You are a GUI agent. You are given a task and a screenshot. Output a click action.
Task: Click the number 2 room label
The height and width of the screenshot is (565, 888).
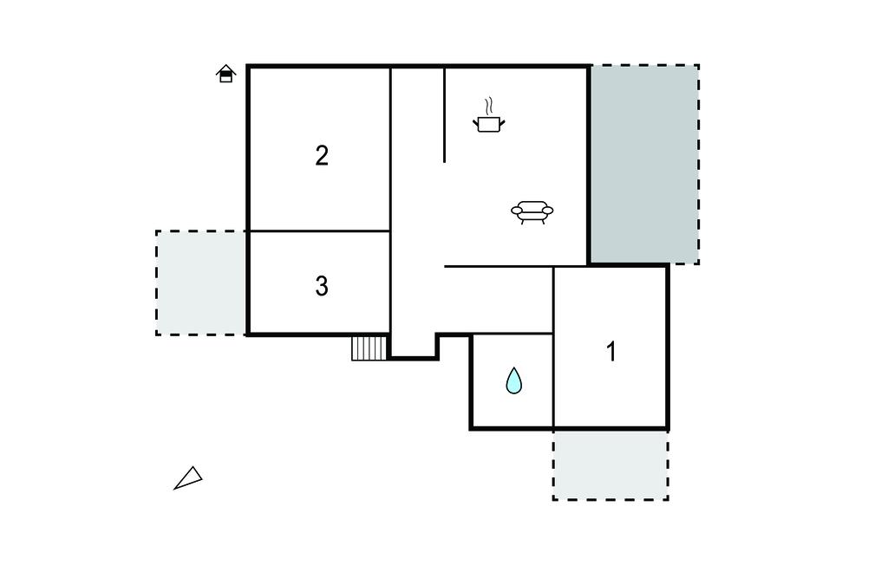[x=322, y=156]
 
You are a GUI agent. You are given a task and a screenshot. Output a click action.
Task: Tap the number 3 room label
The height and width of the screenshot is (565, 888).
[x=322, y=287]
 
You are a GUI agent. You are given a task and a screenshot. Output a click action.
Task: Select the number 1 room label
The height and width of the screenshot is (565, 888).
[x=611, y=352]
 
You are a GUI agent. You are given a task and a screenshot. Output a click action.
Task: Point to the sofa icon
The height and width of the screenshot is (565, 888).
[x=532, y=212]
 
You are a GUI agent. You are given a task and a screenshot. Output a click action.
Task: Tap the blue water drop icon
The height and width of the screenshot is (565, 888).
[x=513, y=380]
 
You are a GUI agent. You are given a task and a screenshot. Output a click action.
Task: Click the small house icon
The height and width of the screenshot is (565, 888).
[x=225, y=74]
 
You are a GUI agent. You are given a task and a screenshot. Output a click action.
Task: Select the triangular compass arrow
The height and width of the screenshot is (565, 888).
[x=188, y=478]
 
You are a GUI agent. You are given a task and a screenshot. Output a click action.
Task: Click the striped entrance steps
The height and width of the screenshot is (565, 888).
[x=369, y=348]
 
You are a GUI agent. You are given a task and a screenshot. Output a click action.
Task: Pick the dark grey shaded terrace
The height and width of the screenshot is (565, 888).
[x=645, y=164]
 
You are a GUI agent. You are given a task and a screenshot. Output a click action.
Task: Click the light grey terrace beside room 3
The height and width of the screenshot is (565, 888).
[x=201, y=282]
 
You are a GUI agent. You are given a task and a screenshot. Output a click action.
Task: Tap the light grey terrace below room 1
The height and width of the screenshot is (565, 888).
[x=610, y=465]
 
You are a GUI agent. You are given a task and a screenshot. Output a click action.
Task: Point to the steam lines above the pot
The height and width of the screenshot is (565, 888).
[x=488, y=106]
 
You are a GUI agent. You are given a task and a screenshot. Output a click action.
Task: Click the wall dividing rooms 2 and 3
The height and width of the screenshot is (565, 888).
[x=320, y=231]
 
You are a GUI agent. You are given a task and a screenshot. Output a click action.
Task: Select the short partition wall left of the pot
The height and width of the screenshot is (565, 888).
[x=445, y=115]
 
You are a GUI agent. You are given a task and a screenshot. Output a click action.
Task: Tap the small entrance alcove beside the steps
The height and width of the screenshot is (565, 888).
[x=414, y=346]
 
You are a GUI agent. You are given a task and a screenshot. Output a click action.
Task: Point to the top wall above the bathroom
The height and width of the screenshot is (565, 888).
[x=513, y=334]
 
